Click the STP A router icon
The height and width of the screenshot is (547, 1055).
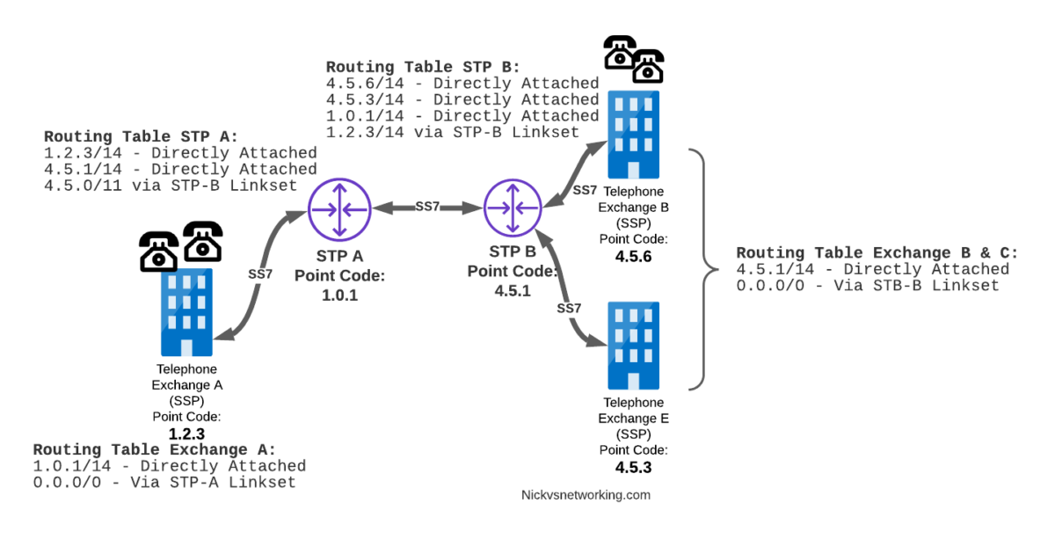click(339, 208)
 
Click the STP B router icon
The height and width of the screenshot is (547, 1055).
click(512, 208)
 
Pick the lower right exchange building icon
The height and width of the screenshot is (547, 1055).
click(633, 345)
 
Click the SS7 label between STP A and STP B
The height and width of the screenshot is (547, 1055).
click(427, 208)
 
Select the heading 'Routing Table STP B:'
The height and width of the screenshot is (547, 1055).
click(423, 67)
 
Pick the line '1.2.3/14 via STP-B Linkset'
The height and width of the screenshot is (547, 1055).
click(453, 132)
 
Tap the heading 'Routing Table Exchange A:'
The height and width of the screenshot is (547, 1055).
click(154, 449)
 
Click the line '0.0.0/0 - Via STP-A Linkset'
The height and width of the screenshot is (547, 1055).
click(164, 482)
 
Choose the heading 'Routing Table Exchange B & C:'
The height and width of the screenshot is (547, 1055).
click(877, 253)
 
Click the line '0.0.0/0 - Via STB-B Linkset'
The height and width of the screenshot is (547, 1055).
click(868, 286)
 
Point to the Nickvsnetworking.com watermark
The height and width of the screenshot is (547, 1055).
click(586, 495)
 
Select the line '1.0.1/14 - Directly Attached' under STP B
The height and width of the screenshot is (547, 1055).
click(462, 116)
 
